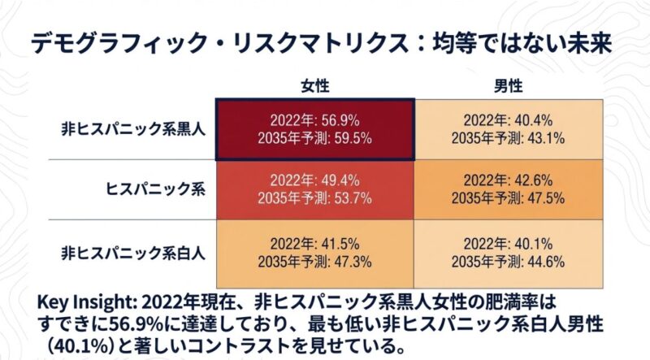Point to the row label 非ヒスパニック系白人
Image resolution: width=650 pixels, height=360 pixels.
pos(135,251)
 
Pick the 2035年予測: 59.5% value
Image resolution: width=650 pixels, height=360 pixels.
pos(314,137)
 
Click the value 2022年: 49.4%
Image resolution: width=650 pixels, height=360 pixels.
pos(314,180)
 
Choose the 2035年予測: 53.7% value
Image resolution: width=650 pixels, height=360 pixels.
pos(314,198)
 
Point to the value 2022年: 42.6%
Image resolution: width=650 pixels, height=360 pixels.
pos(508,180)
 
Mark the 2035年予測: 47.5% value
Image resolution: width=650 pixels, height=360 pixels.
pos(508,198)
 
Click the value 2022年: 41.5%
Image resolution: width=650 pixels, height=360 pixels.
pos(314,243)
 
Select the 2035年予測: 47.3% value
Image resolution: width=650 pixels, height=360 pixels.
pos(314,261)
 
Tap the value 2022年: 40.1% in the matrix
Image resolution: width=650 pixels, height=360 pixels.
pos(508,243)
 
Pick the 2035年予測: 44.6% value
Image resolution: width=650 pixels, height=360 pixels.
pos(508,261)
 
